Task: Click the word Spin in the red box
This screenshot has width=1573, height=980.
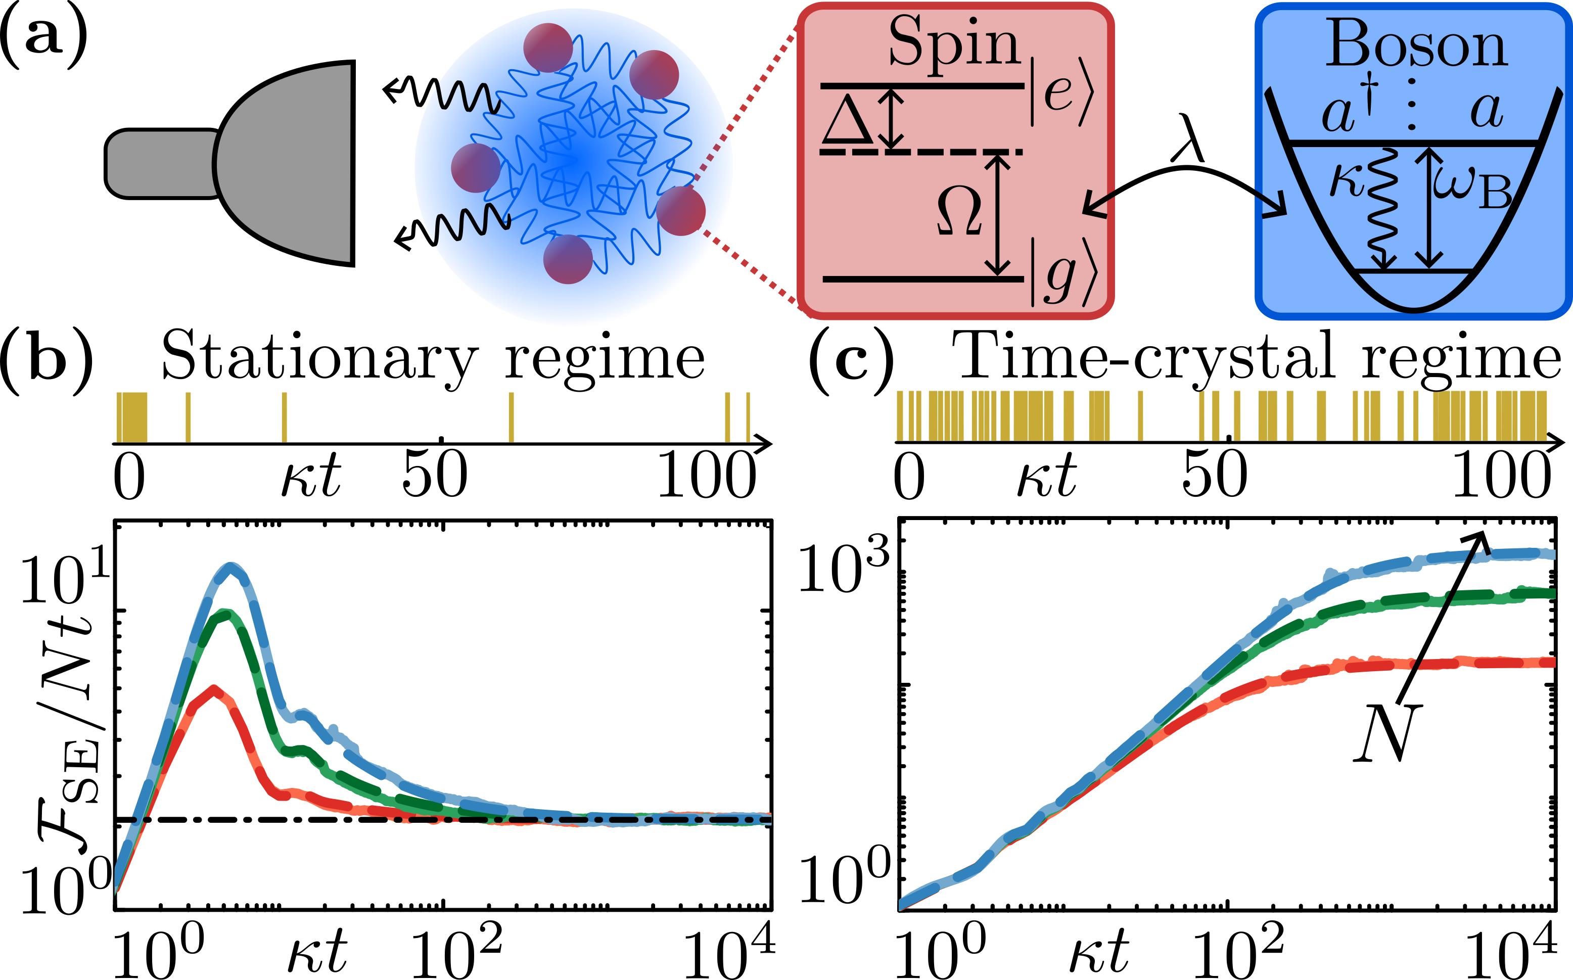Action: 954,44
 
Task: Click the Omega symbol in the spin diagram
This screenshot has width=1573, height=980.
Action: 959,211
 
